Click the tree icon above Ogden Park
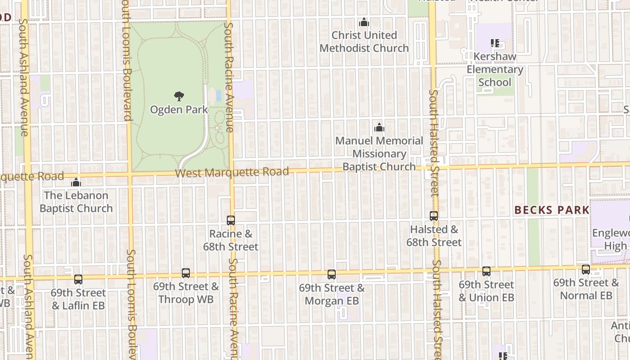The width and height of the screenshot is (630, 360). [179, 96]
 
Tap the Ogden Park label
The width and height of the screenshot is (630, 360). [179, 109]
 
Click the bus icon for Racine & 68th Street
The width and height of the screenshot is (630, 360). [231, 220]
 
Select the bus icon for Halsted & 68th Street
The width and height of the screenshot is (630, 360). [434, 216]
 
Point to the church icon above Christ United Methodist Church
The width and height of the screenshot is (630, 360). [364, 22]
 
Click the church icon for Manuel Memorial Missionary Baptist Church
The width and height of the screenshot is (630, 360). [379, 127]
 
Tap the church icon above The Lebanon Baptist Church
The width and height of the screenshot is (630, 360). [76, 182]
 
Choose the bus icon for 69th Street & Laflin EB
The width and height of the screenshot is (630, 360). [78, 279]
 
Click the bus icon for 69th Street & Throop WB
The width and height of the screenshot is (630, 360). [186, 273]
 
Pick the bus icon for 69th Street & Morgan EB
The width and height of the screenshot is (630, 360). [332, 274]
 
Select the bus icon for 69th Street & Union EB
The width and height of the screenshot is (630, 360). [486, 271]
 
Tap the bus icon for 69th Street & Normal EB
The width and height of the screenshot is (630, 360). [586, 270]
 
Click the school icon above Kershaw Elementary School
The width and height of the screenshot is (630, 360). [495, 44]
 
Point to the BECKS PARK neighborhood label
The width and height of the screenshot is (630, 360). [552, 210]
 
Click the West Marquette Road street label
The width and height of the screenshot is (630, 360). [232, 172]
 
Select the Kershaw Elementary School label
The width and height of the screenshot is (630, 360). [495, 70]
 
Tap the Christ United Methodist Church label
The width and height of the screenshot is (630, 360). [364, 41]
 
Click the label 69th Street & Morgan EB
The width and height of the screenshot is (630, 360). [332, 294]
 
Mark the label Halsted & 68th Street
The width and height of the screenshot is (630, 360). [434, 236]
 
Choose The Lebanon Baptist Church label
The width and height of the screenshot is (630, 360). [76, 202]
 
